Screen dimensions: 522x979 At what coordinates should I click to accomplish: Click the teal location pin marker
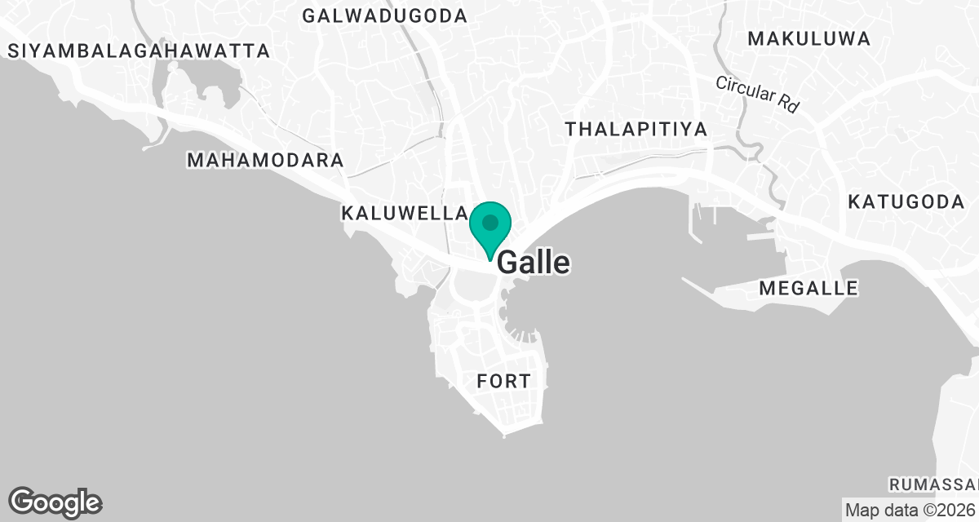pos(490,228)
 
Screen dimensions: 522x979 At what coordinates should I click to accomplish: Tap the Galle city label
pos(534,263)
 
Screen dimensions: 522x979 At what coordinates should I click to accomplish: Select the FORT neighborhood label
pos(503,381)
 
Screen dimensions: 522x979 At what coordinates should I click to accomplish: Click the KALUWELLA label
pos(403,214)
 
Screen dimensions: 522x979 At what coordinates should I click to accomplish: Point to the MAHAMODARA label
pos(265,160)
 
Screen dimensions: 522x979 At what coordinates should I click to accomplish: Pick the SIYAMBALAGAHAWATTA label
pos(138,51)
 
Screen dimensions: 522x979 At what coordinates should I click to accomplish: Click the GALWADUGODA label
pos(383,15)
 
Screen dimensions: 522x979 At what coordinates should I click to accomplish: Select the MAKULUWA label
pos(808,38)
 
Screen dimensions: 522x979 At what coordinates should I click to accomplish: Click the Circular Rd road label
pos(756,95)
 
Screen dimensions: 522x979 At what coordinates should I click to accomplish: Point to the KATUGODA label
pos(906,202)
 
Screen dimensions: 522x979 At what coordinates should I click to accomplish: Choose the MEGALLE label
pos(808,288)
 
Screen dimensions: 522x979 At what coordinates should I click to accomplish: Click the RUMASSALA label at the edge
pos(932,484)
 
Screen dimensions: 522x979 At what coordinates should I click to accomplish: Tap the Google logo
pos(55,502)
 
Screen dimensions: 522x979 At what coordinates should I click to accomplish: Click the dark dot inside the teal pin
pos(490,222)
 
